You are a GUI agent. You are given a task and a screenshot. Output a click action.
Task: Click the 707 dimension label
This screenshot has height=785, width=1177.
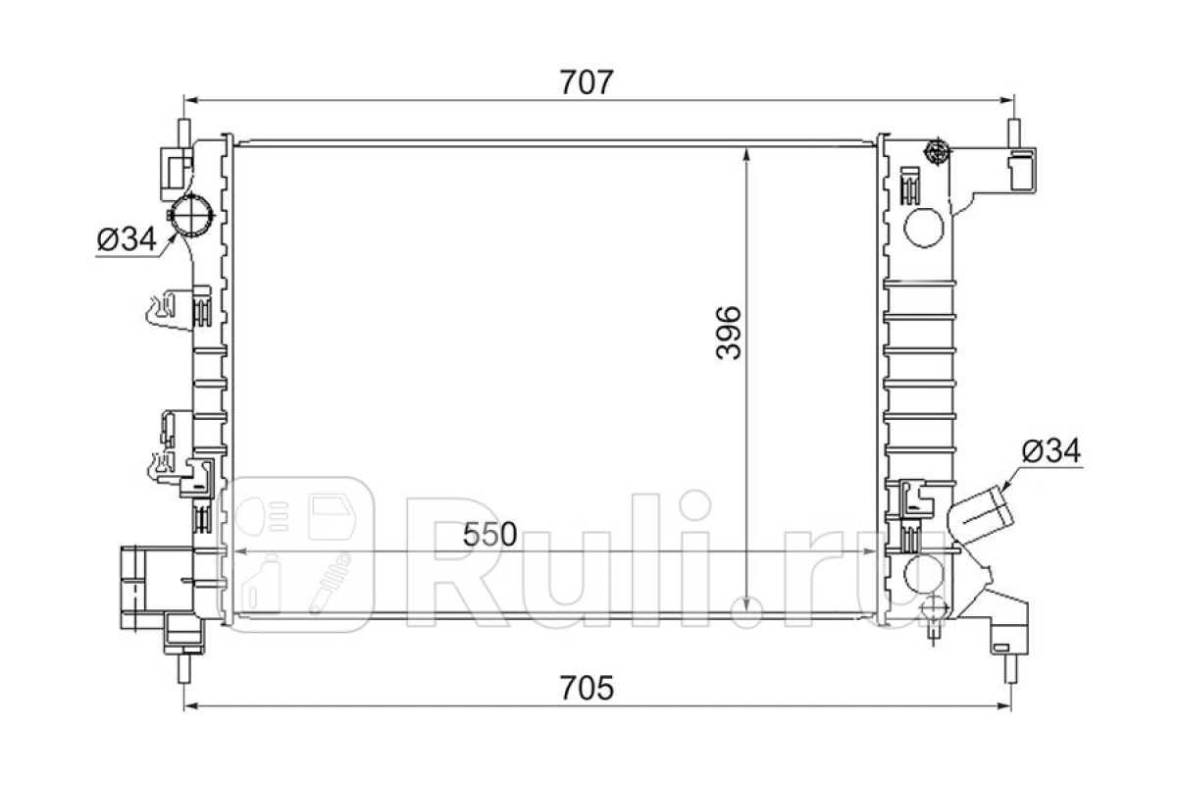tap(586, 82)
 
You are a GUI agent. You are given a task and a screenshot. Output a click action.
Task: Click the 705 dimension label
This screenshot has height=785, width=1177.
tap(587, 688)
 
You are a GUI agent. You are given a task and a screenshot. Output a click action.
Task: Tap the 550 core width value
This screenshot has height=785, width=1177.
tap(489, 534)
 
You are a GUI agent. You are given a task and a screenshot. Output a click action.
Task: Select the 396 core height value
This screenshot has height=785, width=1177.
tap(728, 333)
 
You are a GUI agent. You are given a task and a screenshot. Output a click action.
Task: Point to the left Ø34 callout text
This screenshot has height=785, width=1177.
tap(128, 239)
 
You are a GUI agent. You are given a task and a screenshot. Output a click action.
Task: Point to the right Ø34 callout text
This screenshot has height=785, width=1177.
tap(1050, 450)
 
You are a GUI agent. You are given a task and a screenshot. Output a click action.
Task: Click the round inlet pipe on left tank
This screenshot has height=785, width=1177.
tap(191, 215)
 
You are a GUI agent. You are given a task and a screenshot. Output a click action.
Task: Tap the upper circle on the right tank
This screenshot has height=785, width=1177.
tap(923, 228)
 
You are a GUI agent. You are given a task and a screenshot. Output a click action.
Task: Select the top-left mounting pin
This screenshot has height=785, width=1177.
tap(184, 131)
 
